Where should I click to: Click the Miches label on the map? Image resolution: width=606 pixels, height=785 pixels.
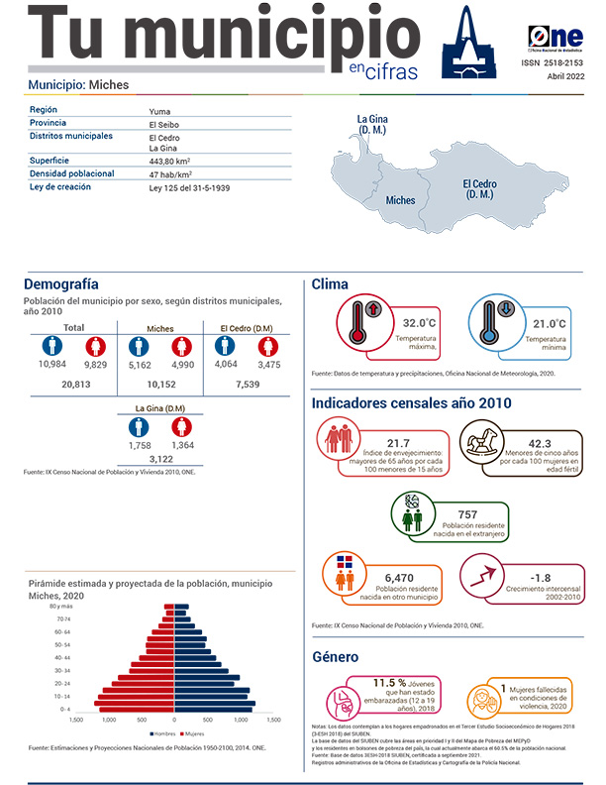point(400,200)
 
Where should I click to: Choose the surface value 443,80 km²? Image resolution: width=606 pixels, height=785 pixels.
point(169,161)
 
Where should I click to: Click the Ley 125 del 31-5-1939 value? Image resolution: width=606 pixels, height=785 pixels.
point(189,187)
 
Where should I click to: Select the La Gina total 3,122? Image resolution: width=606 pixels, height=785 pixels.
point(161,458)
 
